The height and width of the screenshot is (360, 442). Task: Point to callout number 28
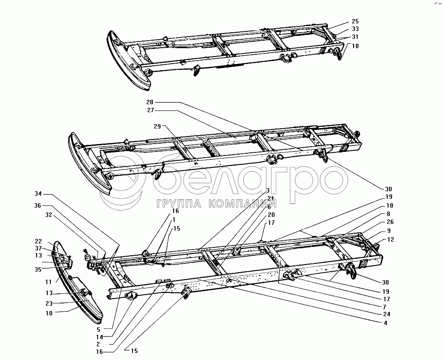pyautogui.click(x=150, y=102)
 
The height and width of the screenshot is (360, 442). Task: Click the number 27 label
pyautogui.click(x=150, y=110)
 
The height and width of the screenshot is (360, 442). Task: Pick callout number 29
pyautogui.click(x=158, y=126)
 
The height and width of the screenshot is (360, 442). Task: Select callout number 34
pyautogui.click(x=38, y=193)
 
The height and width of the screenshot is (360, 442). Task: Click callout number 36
pyautogui.click(x=38, y=205)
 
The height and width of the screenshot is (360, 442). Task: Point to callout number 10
pyautogui.click(x=49, y=313)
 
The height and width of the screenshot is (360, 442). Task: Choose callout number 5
pyautogui.click(x=99, y=329)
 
